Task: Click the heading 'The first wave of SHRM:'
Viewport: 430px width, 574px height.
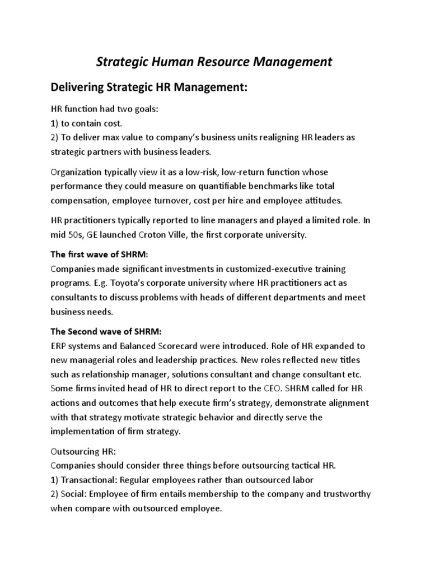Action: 99,254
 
